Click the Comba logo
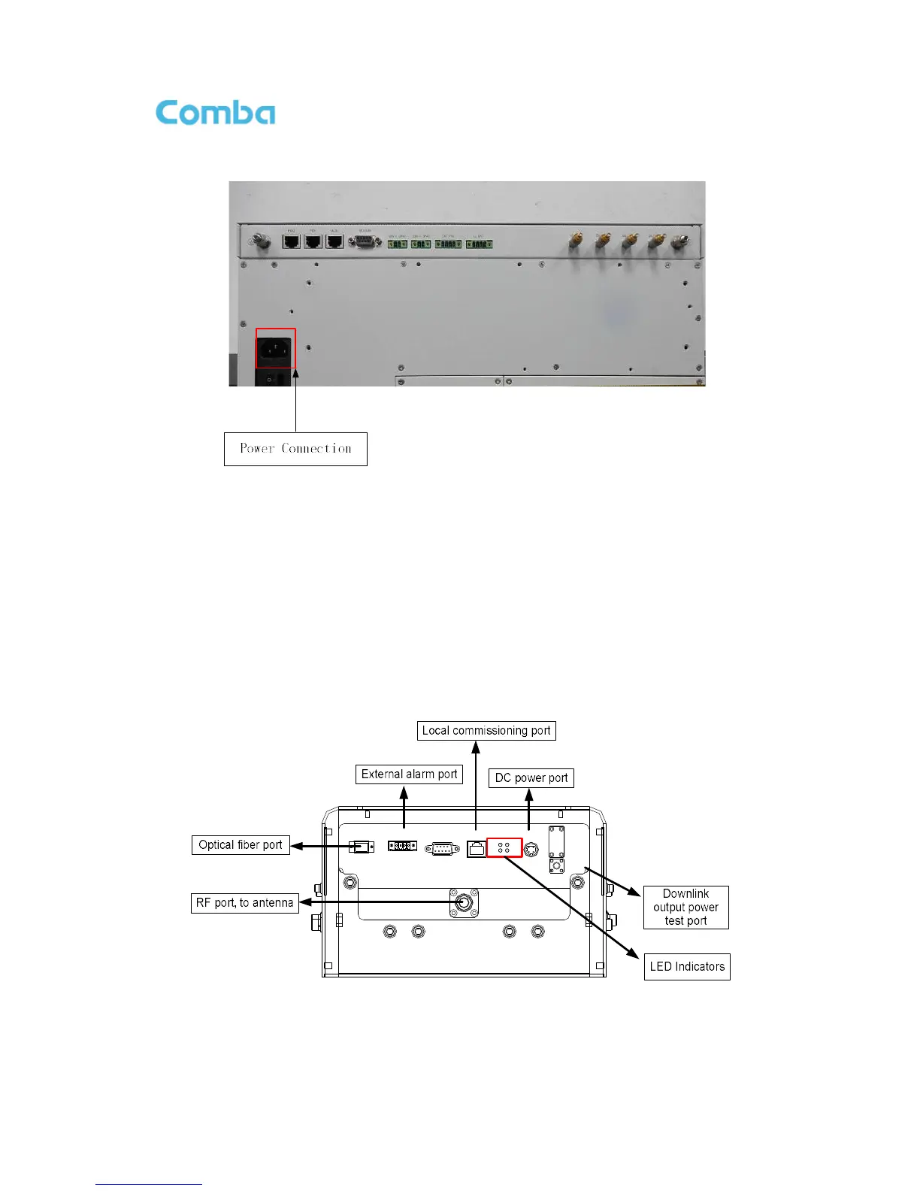click(x=215, y=113)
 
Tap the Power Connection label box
click(x=295, y=449)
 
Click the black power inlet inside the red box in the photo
click(x=275, y=348)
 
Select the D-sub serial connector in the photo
click(x=365, y=241)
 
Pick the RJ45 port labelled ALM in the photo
click(x=334, y=241)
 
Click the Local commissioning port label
click(x=486, y=731)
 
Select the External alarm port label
click(x=409, y=774)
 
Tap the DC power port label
click(x=531, y=778)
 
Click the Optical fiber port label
click(x=241, y=845)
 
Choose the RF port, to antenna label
click(x=245, y=903)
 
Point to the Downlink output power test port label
click(x=685, y=908)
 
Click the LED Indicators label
click(x=687, y=967)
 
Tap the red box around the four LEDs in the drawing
click(x=504, y=847)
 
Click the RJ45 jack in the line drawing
click(x=477, y=849)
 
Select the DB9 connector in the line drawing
click(x=442, y=848)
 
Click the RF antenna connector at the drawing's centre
click(x=464, y=902)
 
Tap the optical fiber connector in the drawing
click(x=362, y=847)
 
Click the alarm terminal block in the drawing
click(x=402, y=846)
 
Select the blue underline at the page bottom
click(x=149, y=1184)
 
